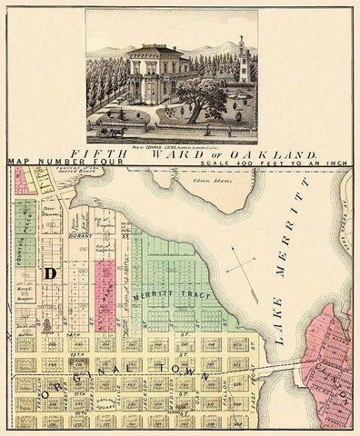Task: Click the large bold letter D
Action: [50, 273]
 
